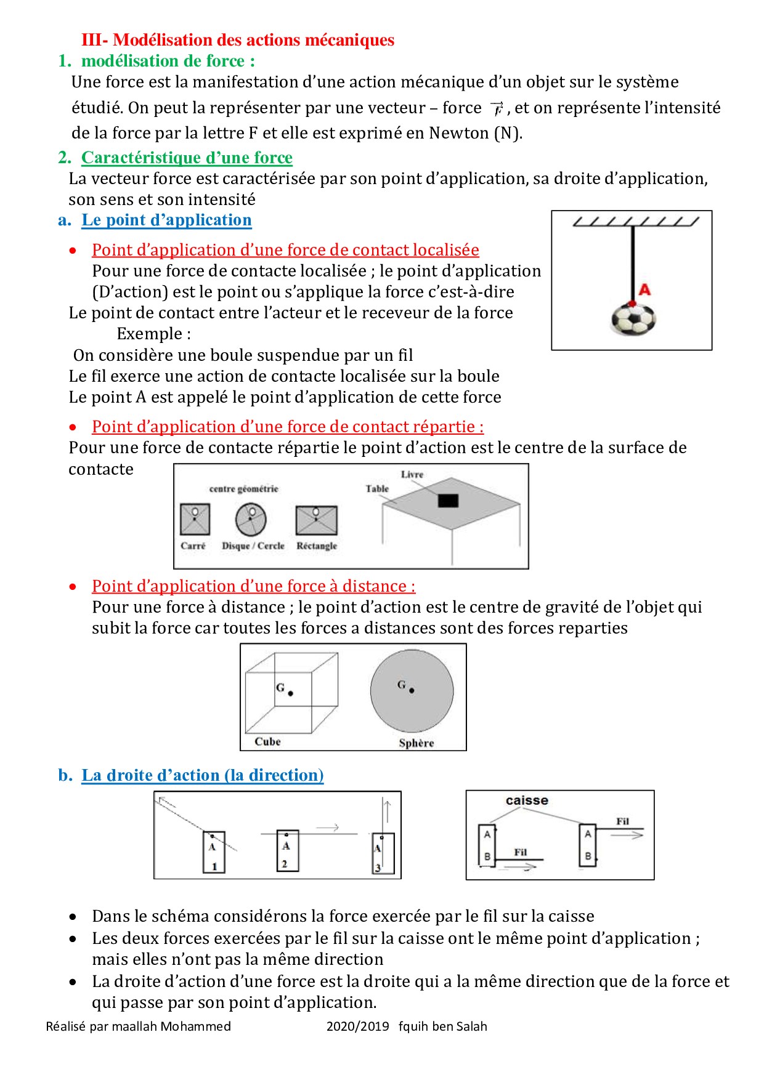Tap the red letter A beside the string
pos(644,289)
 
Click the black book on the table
pos(448,500)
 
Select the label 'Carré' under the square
pos(193,546)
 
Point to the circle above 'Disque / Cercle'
pos(251,519)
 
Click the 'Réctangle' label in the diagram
pos(317,546)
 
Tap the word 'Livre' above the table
pos(412,474)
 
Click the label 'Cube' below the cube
pos(267,741)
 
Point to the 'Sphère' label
pos(416,743)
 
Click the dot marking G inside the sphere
pos(412,691)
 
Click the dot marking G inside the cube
pos(291,693)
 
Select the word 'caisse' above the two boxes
pos(527,800)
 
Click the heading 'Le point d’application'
pos(166,220)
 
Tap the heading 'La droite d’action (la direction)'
pos(203,775)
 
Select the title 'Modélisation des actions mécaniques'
pos(254,40)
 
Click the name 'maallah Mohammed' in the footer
pos(171,1026)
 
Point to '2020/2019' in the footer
pos(357,1026)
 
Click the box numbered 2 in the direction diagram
pos(287,850)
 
